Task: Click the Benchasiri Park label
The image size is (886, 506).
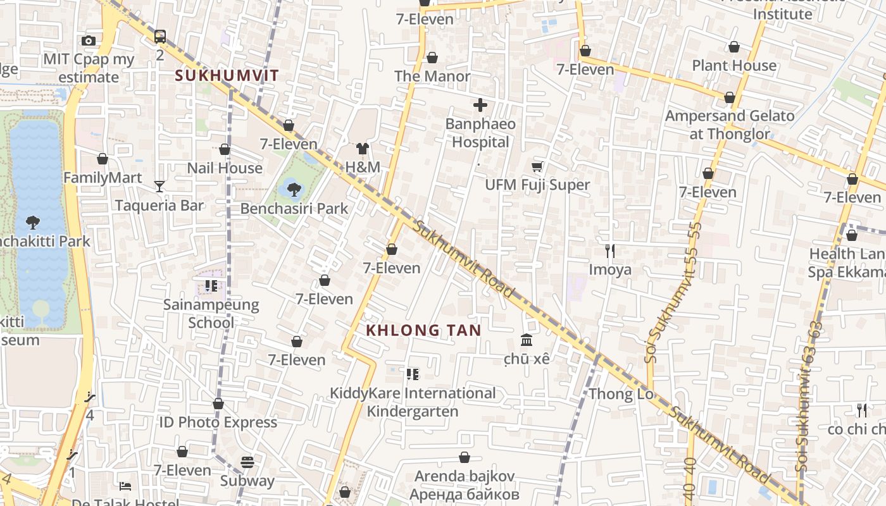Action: [x=294, y=209]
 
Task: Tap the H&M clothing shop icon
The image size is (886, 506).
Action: [x=363, y=149]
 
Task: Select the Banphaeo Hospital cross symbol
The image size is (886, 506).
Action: [x=480, y=105]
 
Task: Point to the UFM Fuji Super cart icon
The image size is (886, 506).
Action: [x=537, y=166]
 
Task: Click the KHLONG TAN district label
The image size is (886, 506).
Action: [x=423, y=330]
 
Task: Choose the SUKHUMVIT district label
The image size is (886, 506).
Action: [x=227, y=76]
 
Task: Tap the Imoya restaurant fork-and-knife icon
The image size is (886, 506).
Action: [x=610, y=251]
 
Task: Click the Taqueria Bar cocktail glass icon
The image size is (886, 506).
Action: [x=159, y=187]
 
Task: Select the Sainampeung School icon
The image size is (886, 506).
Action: [x=211, y=286]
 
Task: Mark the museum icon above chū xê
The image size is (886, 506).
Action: [x=527, y=340]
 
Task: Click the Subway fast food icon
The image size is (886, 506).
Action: [x=247, y=462]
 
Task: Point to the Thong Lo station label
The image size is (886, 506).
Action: [x=612, y=395]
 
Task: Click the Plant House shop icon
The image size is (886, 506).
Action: [x=734, y=47]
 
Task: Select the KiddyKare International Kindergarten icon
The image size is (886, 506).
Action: [x=413, y=374]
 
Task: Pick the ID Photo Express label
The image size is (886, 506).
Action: [x=218, y=423]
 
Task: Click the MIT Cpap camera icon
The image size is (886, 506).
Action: [x=89, y=41]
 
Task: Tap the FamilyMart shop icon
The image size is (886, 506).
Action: [x=103, y=159]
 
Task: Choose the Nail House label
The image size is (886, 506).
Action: [x=225, y=168]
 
